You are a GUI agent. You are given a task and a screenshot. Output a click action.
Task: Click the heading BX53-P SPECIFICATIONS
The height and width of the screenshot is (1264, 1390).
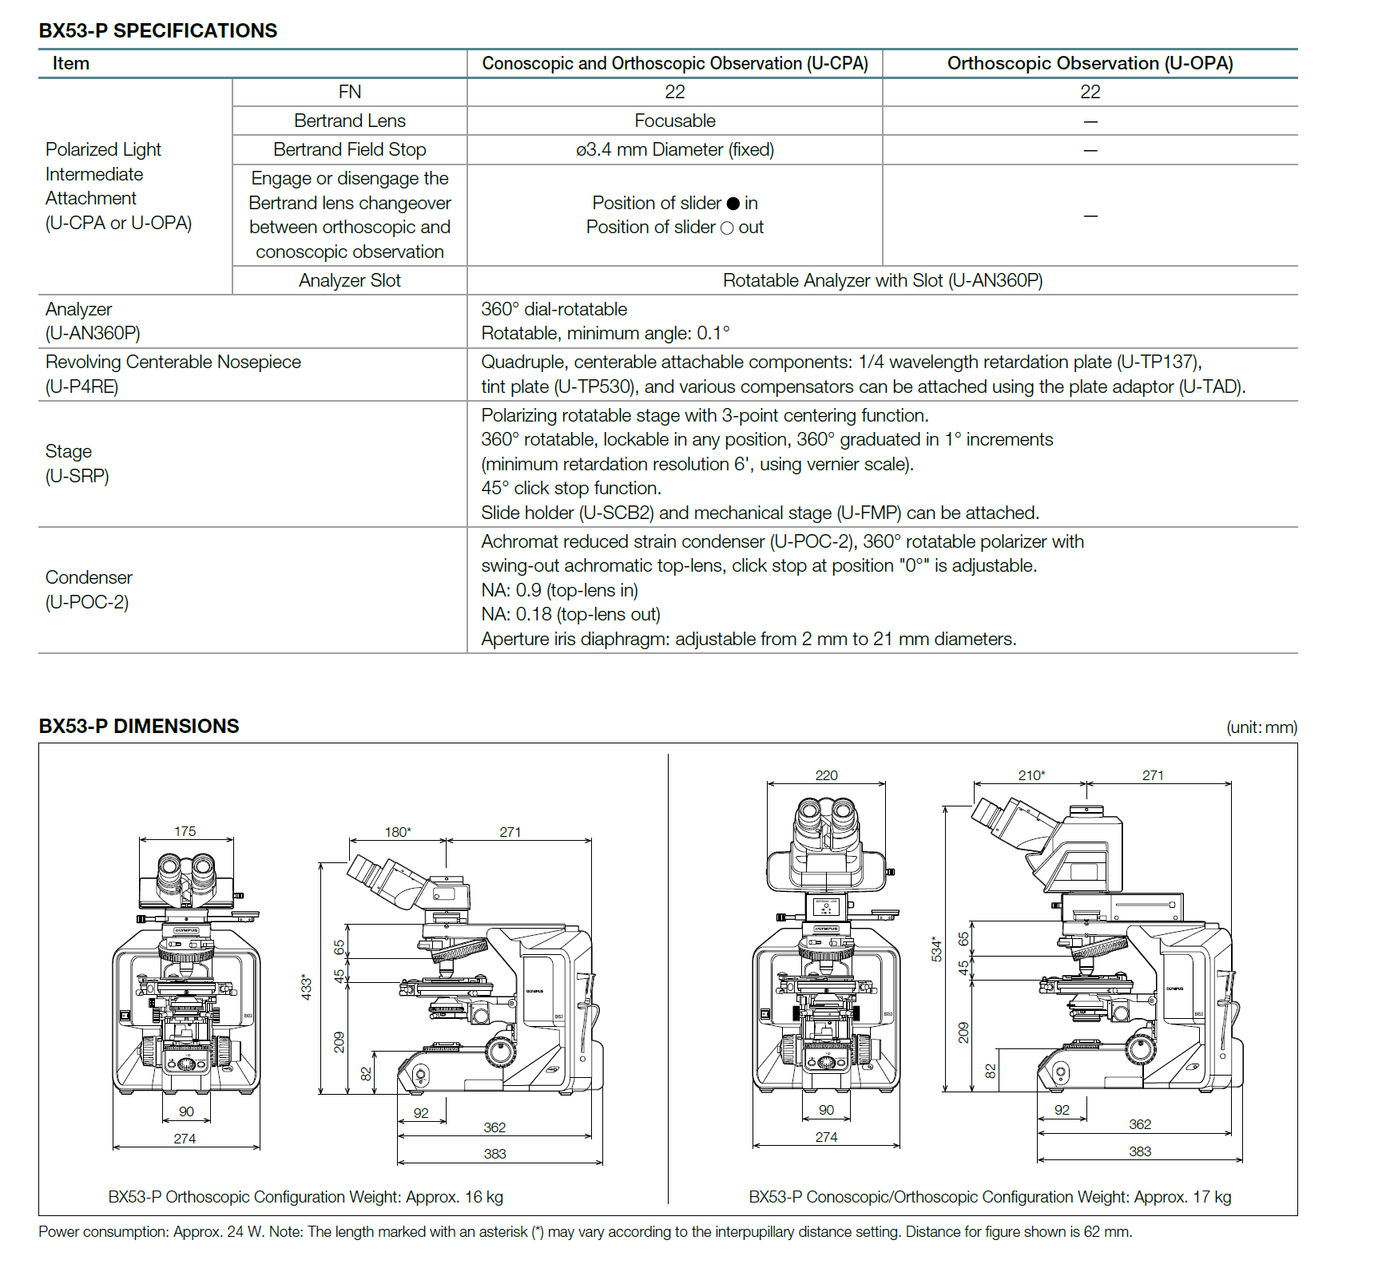(157, 30)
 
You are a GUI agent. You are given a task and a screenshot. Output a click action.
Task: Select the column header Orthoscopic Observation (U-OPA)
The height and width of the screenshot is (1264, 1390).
(1090, 63)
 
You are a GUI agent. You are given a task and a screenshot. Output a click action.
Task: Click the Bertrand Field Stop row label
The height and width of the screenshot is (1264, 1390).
(349, 149)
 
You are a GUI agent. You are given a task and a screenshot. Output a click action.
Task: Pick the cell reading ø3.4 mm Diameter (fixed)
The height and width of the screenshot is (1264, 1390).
(674, 149)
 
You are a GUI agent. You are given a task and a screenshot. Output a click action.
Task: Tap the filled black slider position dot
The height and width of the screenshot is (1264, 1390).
(733, 204)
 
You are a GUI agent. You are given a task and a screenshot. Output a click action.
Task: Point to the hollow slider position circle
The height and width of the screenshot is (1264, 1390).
(727, 228)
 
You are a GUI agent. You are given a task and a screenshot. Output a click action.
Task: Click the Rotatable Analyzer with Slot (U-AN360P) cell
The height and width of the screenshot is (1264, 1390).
(882, 280)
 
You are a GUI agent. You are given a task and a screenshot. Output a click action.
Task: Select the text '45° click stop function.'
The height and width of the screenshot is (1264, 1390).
(570, 488)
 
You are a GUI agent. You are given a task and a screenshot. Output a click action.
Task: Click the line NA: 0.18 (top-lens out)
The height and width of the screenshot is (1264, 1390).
(570, 614)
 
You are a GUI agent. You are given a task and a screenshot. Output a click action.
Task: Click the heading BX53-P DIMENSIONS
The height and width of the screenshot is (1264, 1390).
(139, 726)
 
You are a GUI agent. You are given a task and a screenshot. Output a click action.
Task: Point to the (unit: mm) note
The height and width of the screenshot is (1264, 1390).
(1261, 727)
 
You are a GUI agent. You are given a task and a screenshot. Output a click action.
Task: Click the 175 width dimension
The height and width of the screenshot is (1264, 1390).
(185, 831)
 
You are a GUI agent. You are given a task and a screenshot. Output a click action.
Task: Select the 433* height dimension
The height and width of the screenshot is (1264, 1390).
(306, 986)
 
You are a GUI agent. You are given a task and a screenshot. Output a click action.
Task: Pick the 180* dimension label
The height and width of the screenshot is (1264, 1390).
(398, 832)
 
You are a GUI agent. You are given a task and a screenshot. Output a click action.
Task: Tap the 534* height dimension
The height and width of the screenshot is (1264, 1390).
(936, 949)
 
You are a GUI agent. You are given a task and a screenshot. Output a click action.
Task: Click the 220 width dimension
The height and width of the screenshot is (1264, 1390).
(826, 775)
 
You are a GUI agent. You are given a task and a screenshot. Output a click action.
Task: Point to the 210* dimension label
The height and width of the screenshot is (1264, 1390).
(1031, 775)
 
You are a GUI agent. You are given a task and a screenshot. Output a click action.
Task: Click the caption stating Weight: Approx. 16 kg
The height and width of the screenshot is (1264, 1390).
(305, 1197)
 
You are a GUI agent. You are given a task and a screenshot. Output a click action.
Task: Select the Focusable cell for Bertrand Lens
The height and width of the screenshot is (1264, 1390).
(674, 121)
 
